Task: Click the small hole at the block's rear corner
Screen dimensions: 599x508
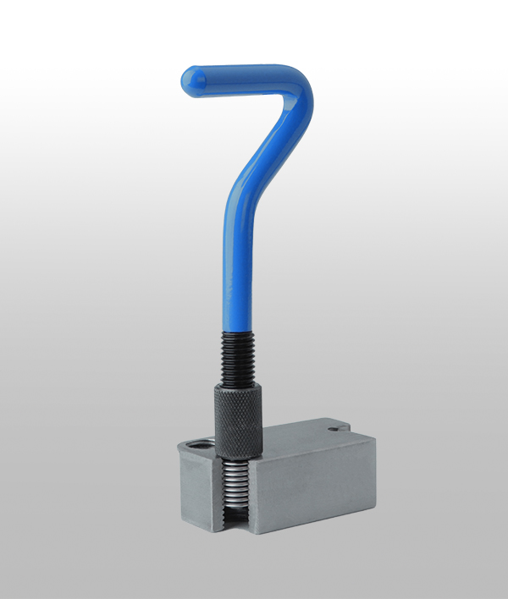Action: pos(338,429)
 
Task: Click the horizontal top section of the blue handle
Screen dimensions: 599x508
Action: pos(237,74)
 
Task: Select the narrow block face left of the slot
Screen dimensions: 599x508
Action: pos(197,491)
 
